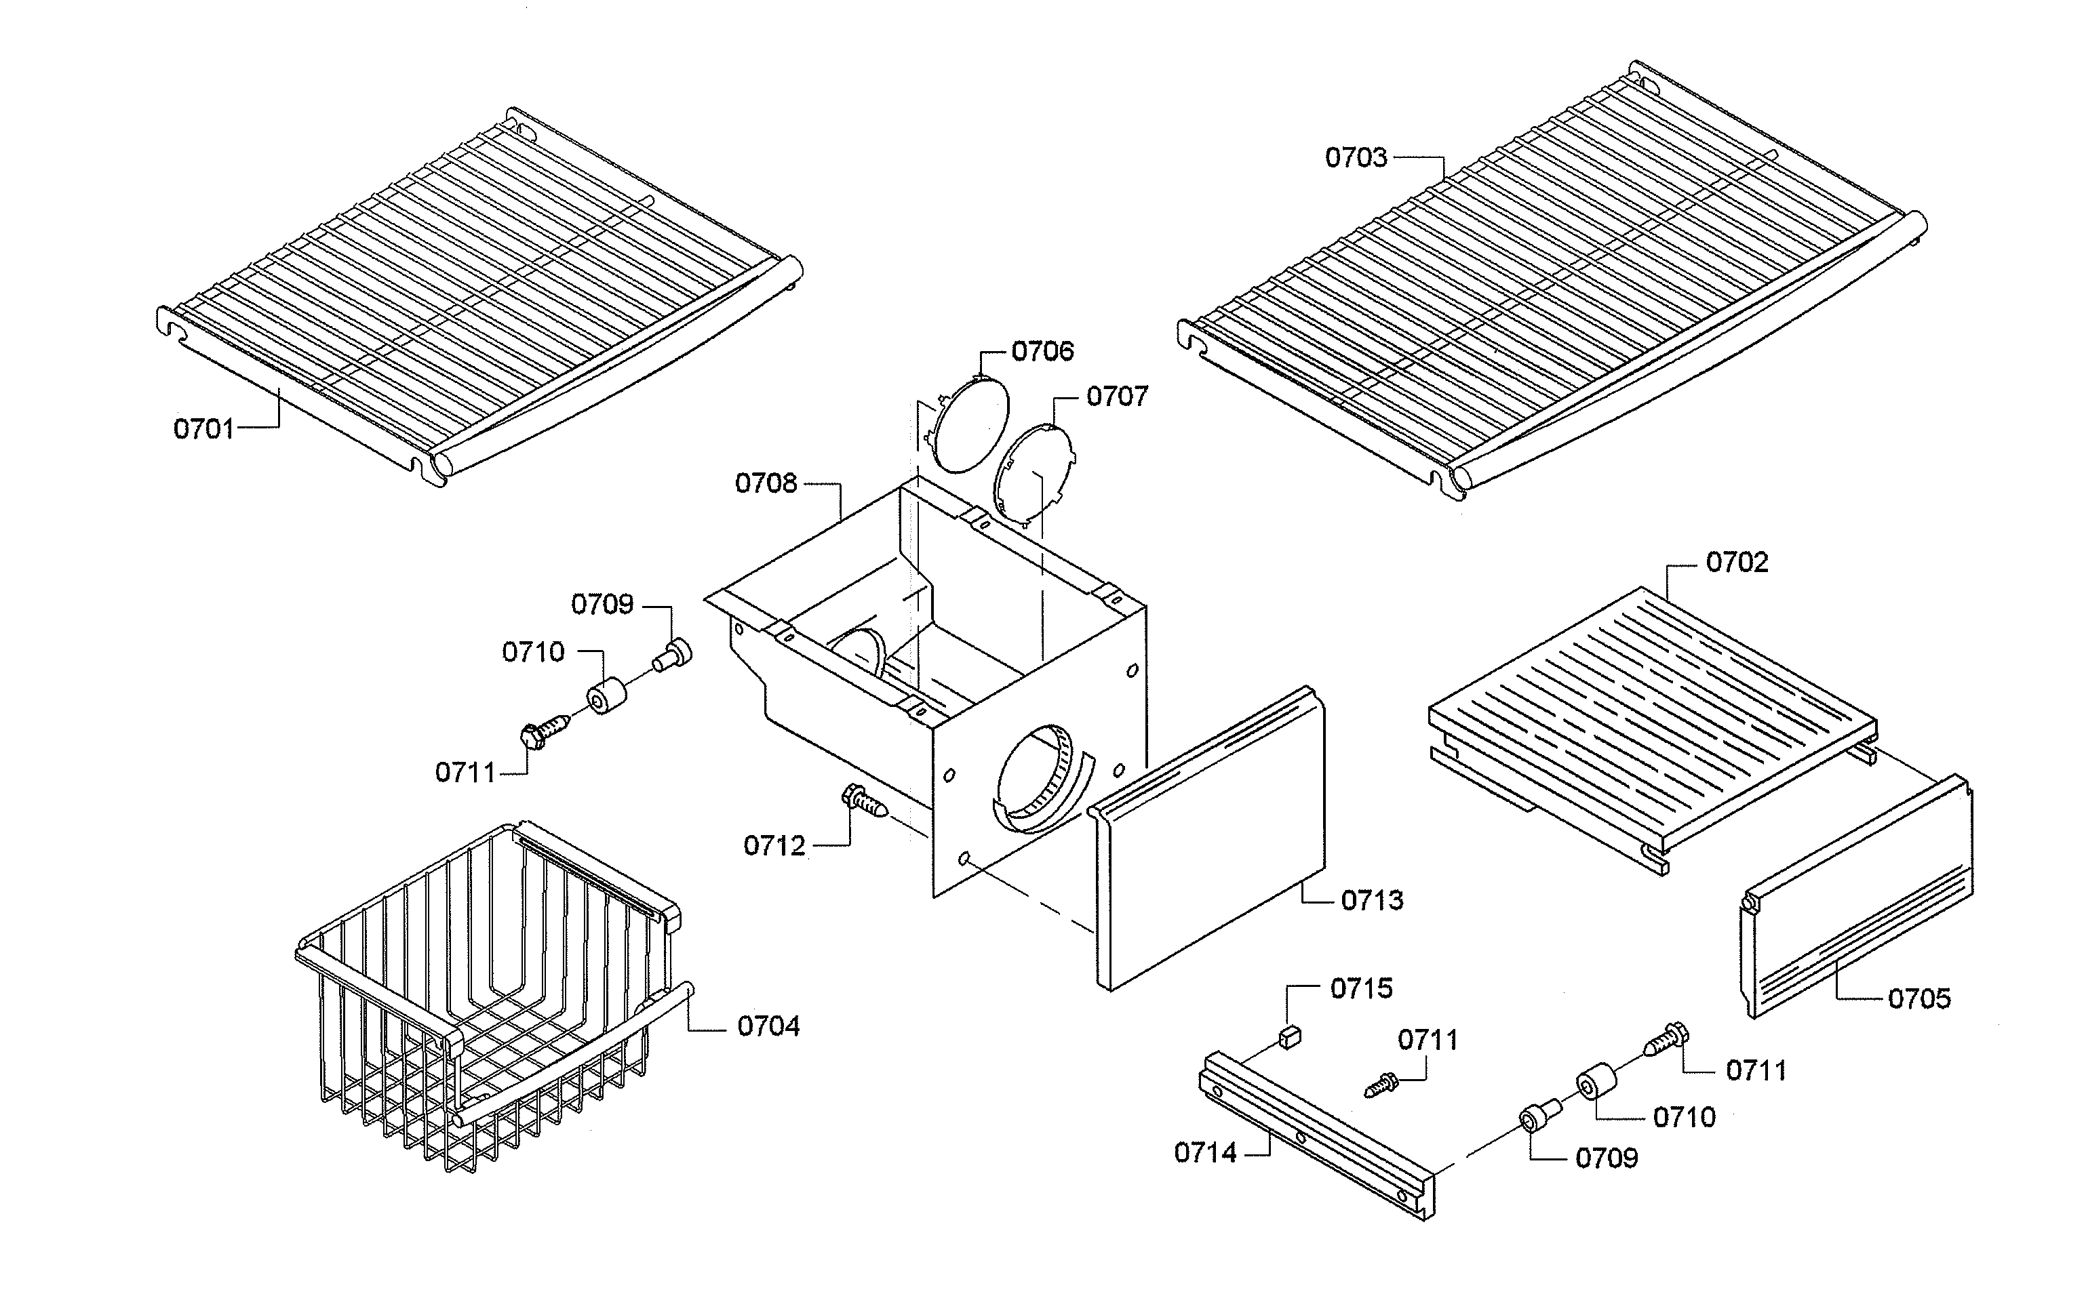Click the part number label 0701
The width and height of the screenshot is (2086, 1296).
(x=203, y=428)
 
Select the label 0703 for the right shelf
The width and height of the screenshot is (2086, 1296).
(x=1356, y=158)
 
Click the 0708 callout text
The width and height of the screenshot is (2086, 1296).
(x=766, y=483)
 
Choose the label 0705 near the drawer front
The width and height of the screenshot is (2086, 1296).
(x=1918, y=998)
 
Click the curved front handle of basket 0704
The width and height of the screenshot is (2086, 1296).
(x=574, y=1059)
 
